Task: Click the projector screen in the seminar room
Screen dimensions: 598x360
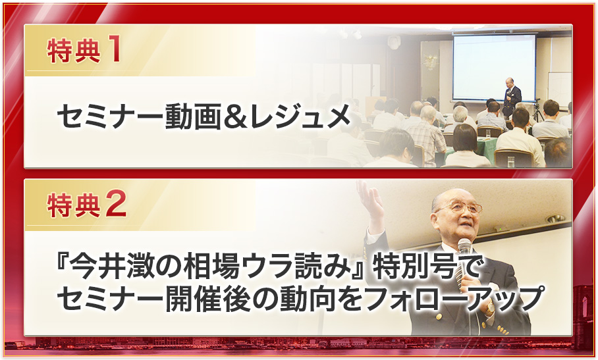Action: click(494, 68)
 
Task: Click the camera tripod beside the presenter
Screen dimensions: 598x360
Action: click(538, 111)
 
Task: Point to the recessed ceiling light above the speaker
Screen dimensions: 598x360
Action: click(555, 219)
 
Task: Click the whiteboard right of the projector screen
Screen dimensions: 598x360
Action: click(560, 88)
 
